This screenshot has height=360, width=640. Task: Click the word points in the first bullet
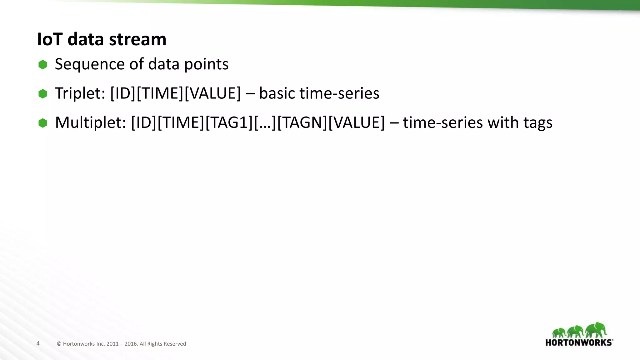click(x=206, y=64)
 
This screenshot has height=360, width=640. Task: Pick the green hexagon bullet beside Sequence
click(x=43, y=65)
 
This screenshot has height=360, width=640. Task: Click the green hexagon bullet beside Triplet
click(x=43, y=94)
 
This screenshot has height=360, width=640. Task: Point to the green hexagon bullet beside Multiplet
click(x=43, y=123)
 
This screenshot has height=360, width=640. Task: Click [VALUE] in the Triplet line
click(x=213, y=93)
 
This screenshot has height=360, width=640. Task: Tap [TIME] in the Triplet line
click(x=160, y=93)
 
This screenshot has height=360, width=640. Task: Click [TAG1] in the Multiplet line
click(x=229, y=122)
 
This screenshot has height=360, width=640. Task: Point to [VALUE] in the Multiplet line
click(x=357, y=122)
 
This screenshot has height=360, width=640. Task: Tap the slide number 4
click(x=38, y=343)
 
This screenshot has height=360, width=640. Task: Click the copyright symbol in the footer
click(x=59, y=344)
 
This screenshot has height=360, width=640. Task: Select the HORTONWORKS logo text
click(x=579, y=342)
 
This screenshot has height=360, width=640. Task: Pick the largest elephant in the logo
click(x=596, y=330)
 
